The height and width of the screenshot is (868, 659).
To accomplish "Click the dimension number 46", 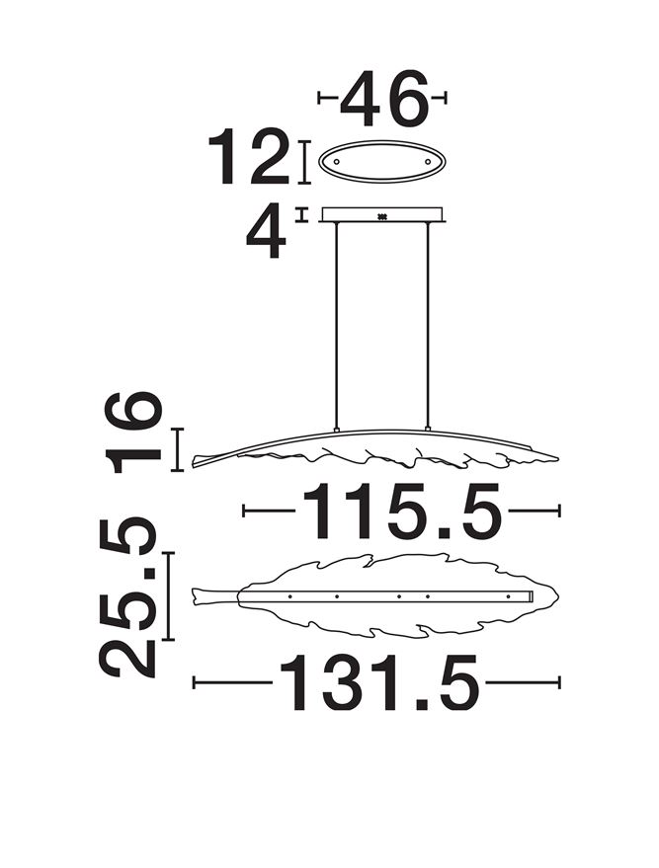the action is [x=383, y=98].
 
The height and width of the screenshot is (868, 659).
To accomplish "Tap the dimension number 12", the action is [x=249, y=157].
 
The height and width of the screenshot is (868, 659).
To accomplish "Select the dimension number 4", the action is [x=266, y=231].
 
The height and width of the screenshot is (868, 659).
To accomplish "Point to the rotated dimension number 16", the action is [x=133, y=432].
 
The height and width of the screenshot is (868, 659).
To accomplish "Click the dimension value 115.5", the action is [x=402, y=511].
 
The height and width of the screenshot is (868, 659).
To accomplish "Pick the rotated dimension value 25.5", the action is [x=127, y=598].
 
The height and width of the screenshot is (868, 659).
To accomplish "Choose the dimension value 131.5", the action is [x=379, y=682].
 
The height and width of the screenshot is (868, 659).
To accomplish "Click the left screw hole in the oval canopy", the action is [x=336, y=161].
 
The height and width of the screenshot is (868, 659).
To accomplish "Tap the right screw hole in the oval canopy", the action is [x=428, y=161].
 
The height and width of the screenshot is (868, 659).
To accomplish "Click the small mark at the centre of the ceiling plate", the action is [x=381, y=216].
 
